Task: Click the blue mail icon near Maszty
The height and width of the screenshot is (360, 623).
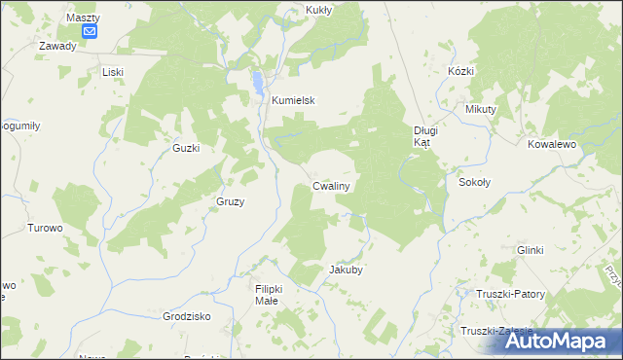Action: [90, 31]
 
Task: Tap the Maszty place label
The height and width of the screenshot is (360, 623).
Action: [83, 17]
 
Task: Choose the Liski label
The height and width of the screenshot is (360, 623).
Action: [115, 72]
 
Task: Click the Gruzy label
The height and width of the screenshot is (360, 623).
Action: [230, 201]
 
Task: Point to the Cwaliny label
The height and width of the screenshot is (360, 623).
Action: [332, 185]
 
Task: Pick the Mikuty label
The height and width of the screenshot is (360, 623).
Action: [481, 109]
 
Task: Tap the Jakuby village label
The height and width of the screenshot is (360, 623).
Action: [347, 270]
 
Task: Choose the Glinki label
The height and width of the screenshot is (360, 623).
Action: [531, 250]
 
